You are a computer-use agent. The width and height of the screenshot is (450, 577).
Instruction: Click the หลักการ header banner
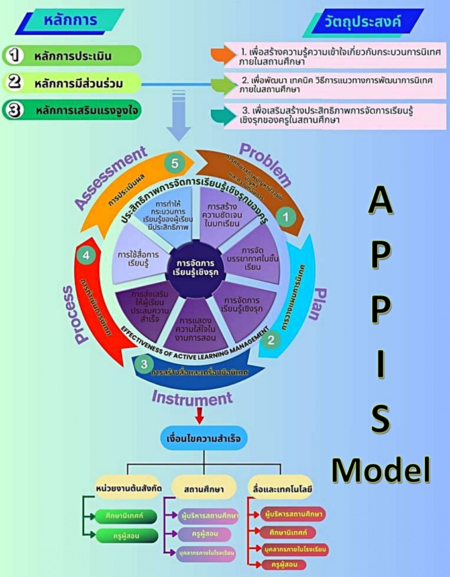(x=66, y=21)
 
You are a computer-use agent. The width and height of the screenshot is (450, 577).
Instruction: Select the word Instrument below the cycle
(x=194, y=397)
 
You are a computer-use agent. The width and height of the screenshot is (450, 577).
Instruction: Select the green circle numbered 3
(x=144, y=362)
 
